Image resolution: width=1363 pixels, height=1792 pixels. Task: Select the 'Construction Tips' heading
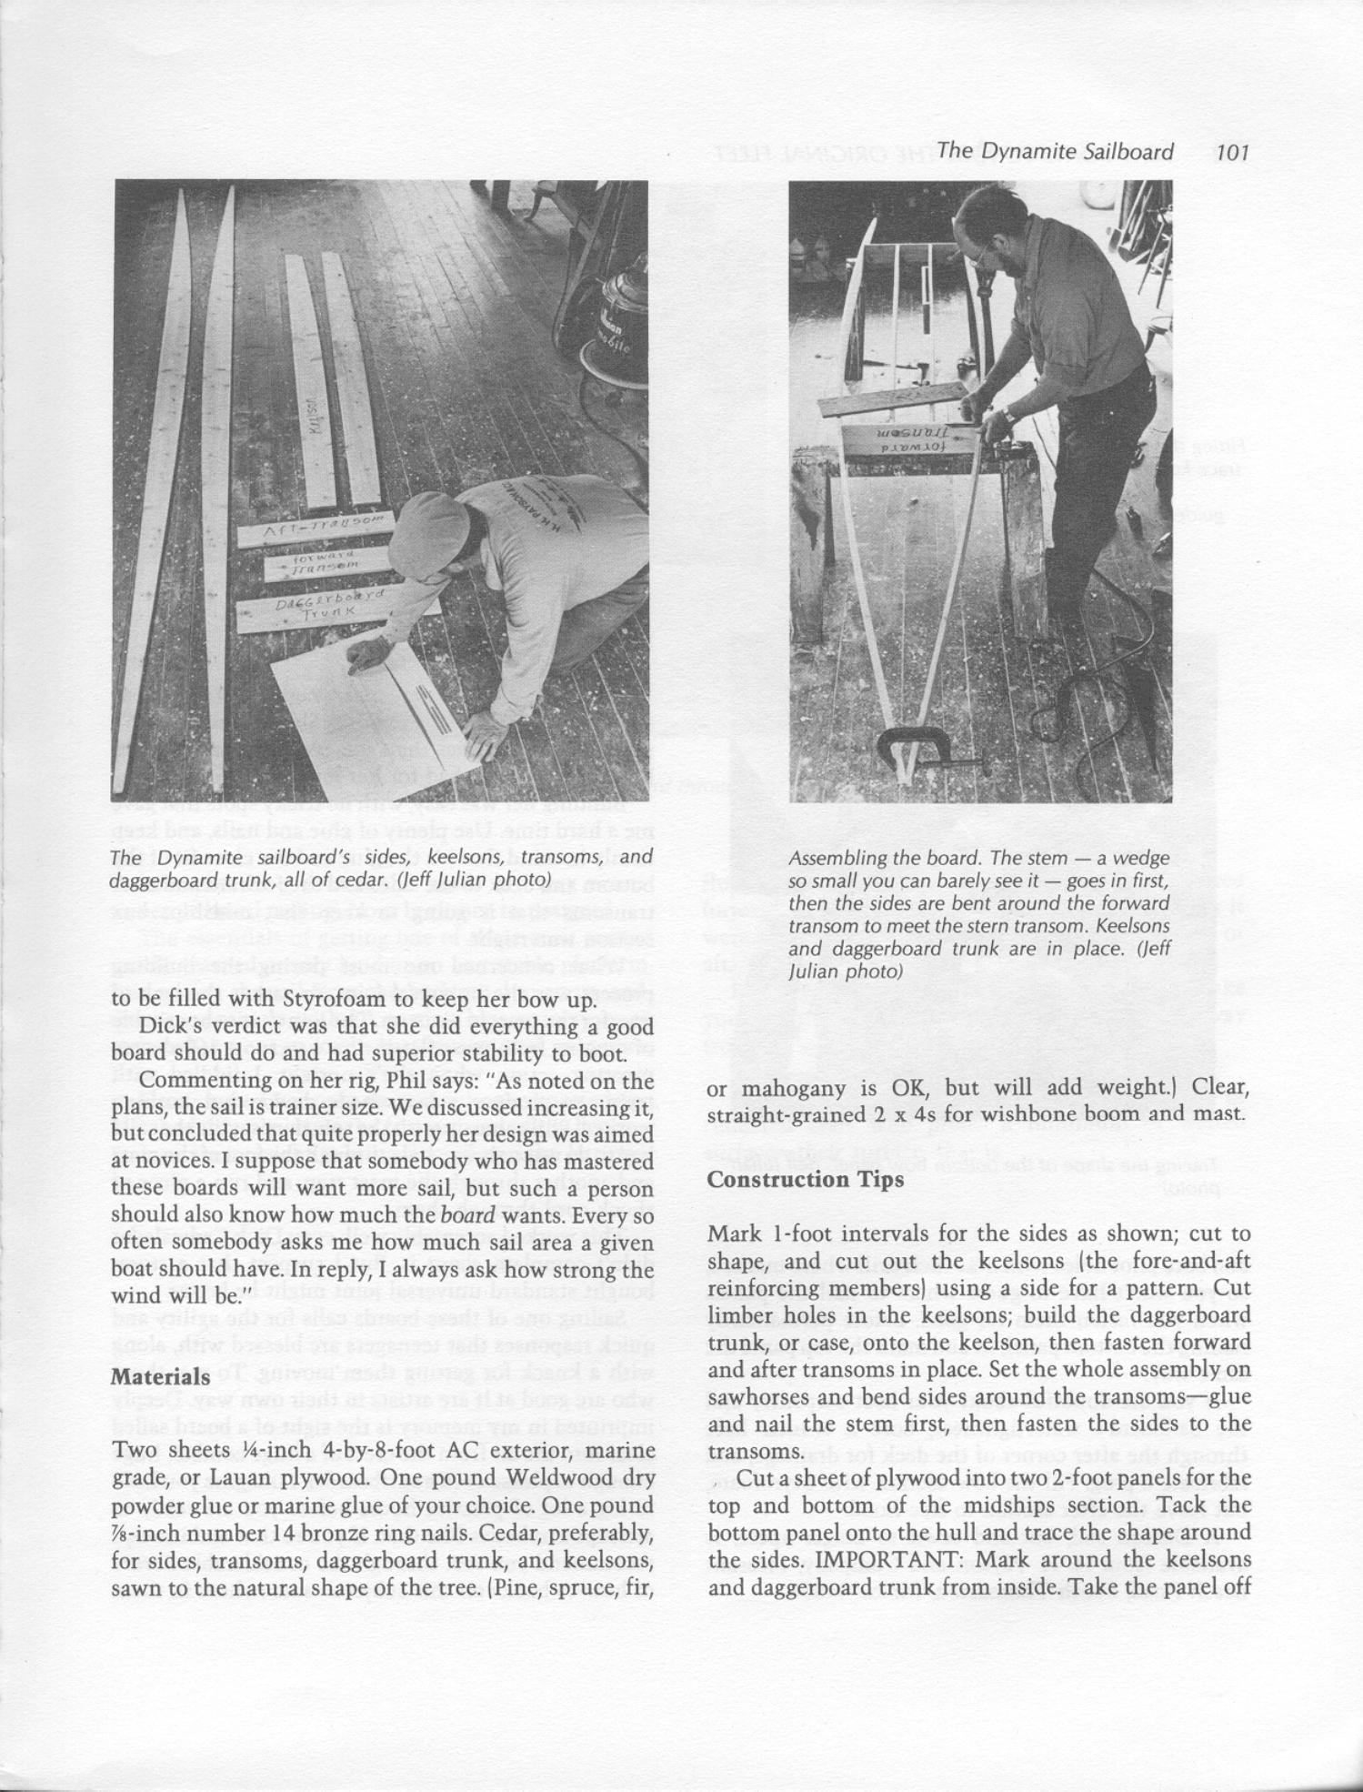click(x=805, y=1179)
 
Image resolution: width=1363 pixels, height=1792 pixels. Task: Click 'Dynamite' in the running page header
click(x=1034, y=152)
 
